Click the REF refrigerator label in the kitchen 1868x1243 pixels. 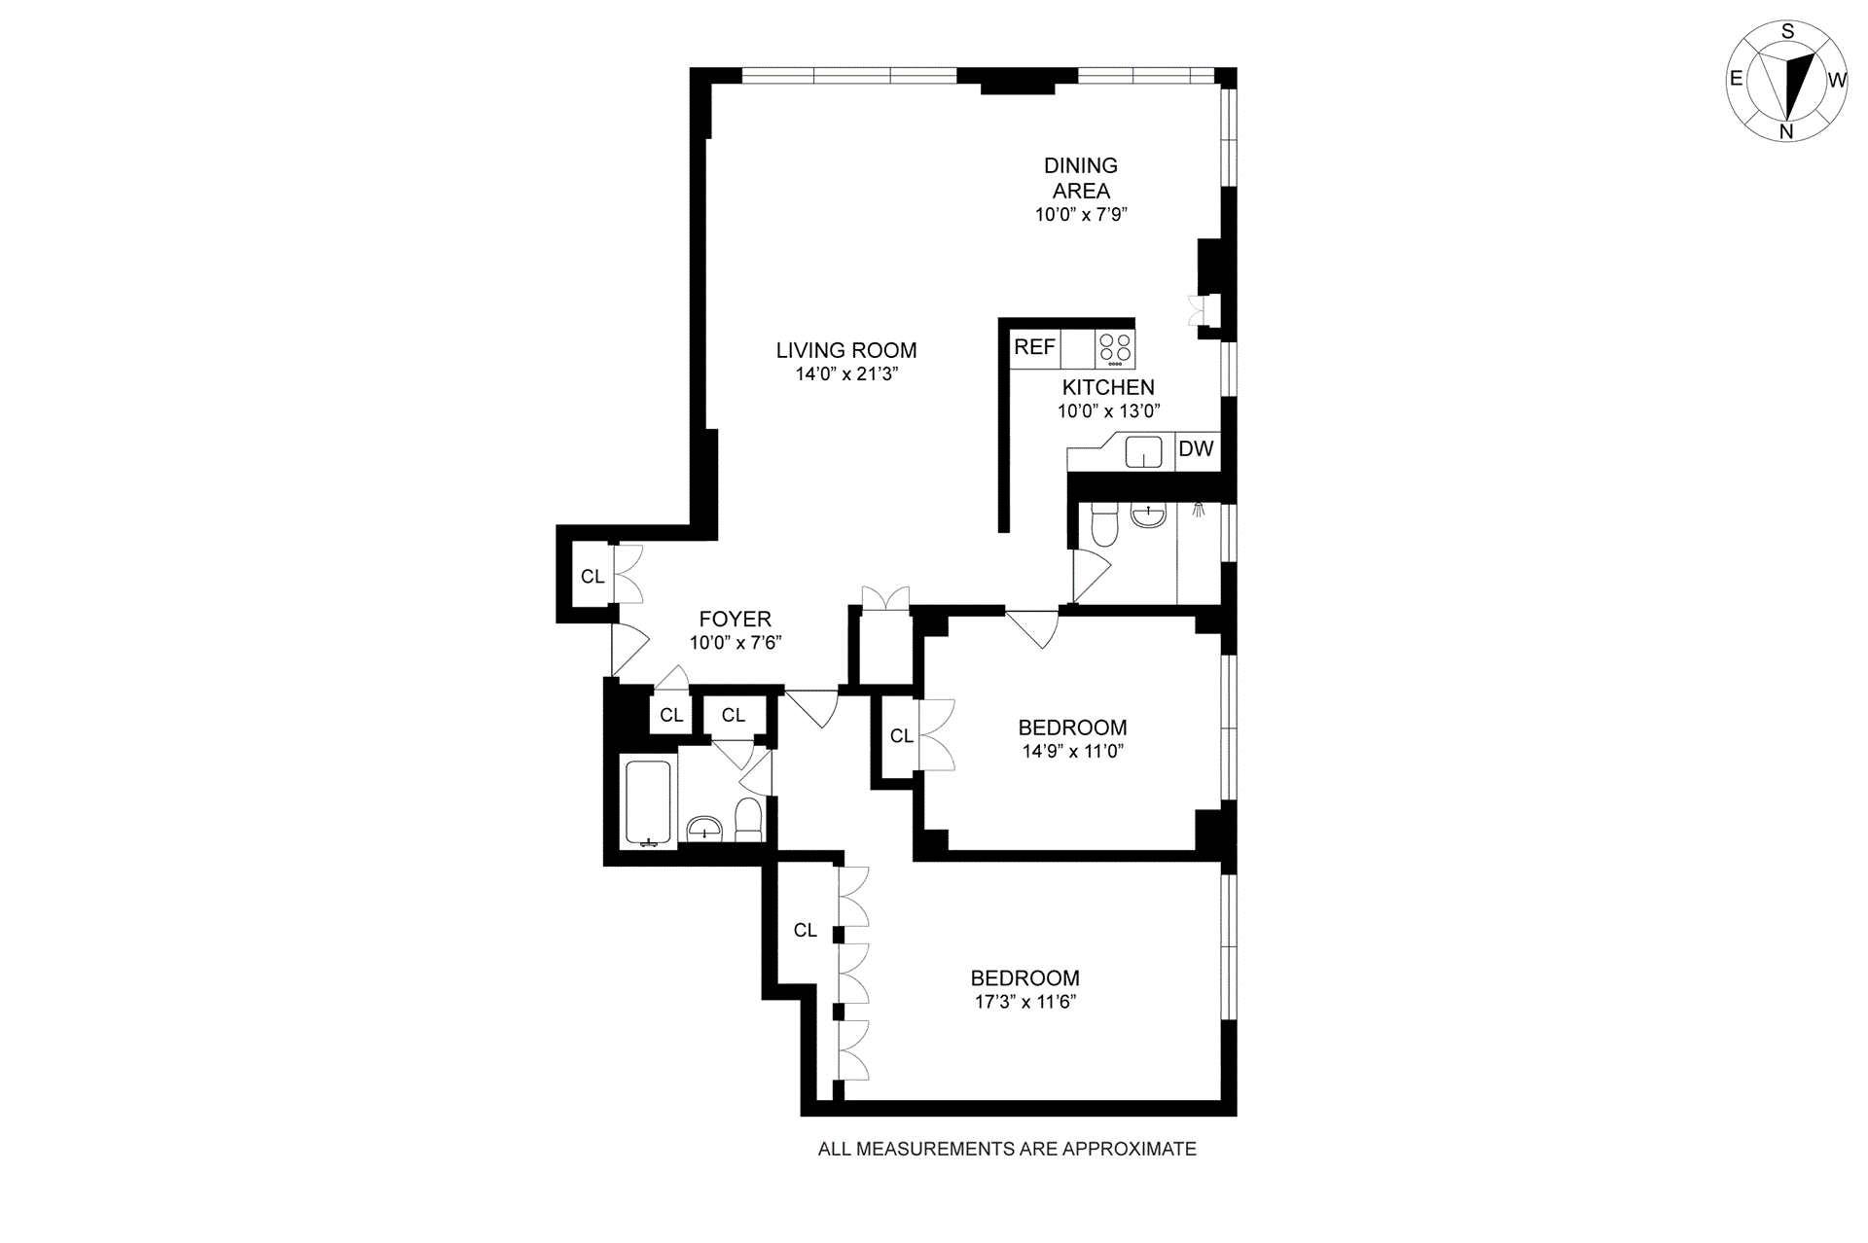point(1034,347)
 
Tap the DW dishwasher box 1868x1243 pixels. point(1197,449)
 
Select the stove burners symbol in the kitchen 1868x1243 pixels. point(1115,349)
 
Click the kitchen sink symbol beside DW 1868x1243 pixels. point(1144,451)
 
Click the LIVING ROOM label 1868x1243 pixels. point(846,350)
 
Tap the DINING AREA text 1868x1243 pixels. point(1081,178)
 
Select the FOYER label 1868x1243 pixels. point(736,619)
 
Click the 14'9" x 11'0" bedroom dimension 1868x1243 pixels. point(1072,751)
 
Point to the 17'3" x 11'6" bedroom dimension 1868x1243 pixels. point(1024,1002)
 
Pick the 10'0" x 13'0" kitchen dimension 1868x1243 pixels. point(1109,411)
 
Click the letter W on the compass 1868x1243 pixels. point(1837,81)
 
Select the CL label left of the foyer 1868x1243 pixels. point(593,577)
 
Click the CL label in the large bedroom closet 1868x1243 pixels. point(806,931)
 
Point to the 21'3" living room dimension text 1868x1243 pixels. point(875,374)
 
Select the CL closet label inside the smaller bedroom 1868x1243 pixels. point(902,736)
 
